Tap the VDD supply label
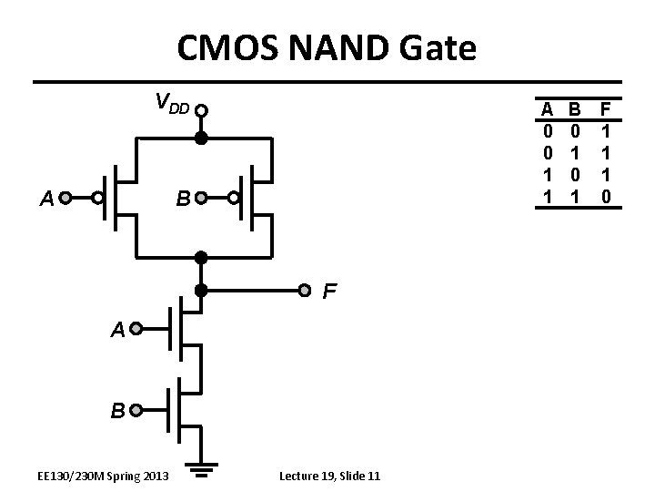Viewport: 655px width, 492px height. pyautogui.click(x=171, y=103)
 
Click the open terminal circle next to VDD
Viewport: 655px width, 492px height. pyautogui.click(x=202, y=111)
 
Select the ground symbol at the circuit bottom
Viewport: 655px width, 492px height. pyautogui.click(x=202, y=471)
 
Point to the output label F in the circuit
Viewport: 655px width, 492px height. pyautogui.click(x=331, y=292)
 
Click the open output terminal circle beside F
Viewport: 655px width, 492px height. pyautogui.click(x=306, y=292)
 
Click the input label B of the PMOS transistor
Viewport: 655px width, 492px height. pyautogui.click(x=183, y=198)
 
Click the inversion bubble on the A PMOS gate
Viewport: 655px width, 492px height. pyautogui.click(x=96, y=197)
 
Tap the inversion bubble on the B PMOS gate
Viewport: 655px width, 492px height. pyautogui.click(x=234, y=197)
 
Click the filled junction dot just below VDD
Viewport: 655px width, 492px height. pyautogui.click(x=202, y=138)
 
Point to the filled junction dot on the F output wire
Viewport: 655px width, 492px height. pyautogui.click(x=202, y=292)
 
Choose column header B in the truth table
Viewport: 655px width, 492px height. pyautogui.click(x=575, y=109)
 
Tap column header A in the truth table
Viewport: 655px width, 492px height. pyautogui.click(x=548, y=109)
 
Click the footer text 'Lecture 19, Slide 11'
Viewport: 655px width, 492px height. pyautogui.click(x=330, y=476)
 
